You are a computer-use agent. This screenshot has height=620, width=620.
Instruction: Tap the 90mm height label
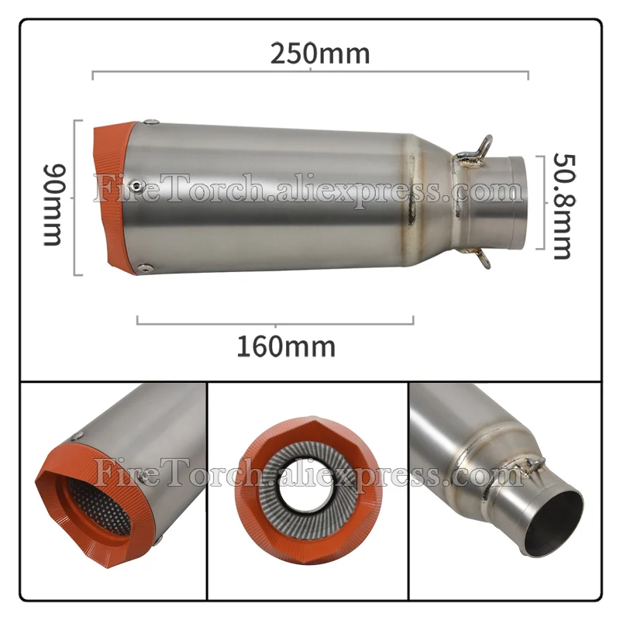coord(52,203)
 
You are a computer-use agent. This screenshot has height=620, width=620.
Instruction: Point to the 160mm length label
coord(286,346)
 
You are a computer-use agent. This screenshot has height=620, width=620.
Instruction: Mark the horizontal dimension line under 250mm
coord(310,74)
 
